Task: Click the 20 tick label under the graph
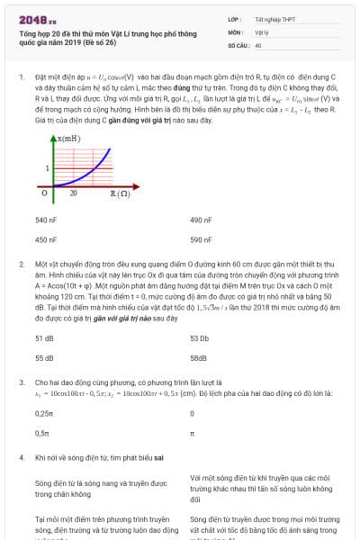[73, 193]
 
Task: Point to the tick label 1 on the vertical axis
[48, 168]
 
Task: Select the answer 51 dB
[44, 337]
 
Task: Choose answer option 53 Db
[200, 337]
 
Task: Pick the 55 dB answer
[44, 357]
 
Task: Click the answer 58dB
[199, 357]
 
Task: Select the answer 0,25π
[43, 412]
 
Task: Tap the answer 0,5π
[41, 433]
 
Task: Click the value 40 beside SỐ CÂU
[258, 44]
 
